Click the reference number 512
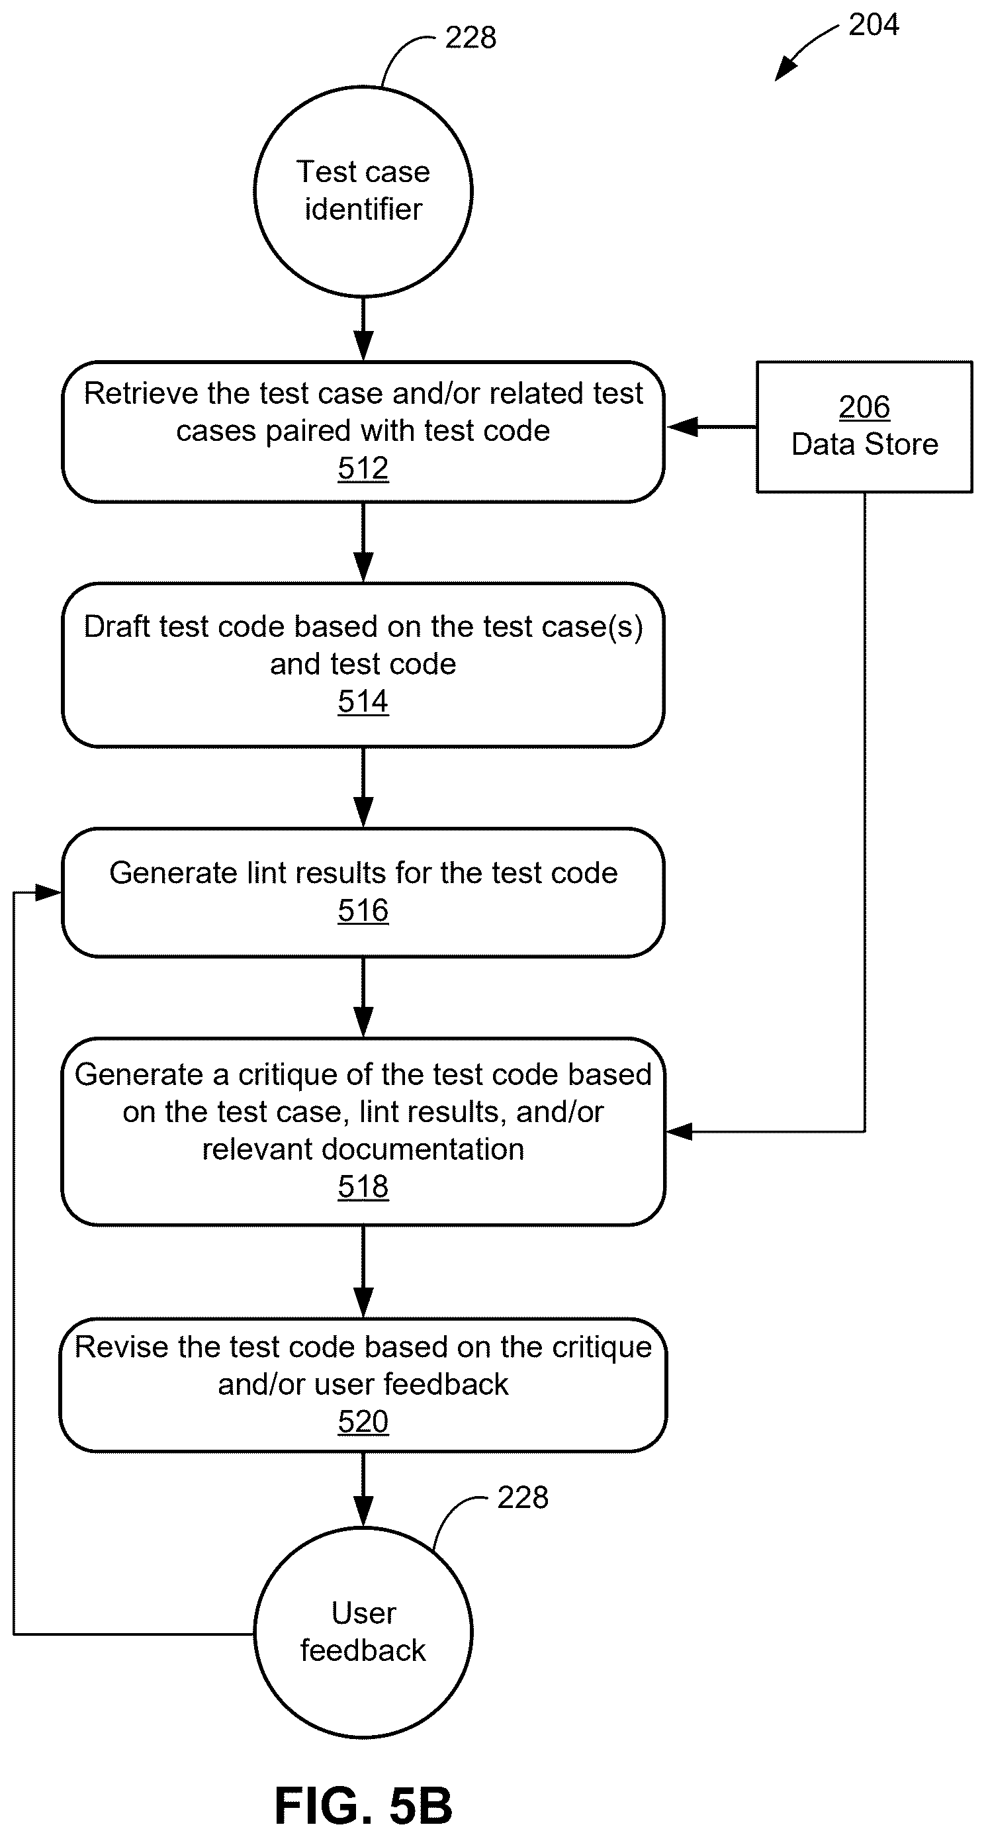click(x=363, y=468)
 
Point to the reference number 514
click(x=363, y=701)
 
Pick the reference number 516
click(x=363, y=910)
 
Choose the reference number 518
click(x=363, y=1187)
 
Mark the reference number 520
click(x=363, y=1421)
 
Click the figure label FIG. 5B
click(x=363, y=1805)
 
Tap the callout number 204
click(x=874, y=25)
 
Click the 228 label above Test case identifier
click(x=471, y=37)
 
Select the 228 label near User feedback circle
click(x=523, y=1497)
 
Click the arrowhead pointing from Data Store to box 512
click(x=681, y=426)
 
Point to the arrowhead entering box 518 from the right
click(x=680, y=1132)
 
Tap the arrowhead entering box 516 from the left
click(x=48, y=892)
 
